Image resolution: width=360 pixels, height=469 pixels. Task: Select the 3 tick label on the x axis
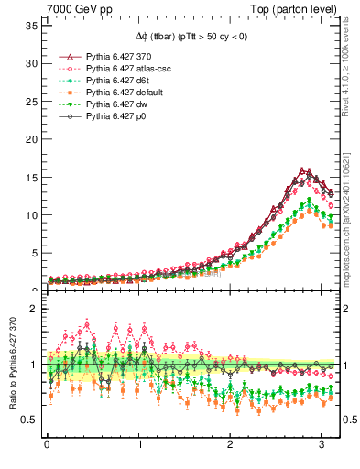coord(322,446)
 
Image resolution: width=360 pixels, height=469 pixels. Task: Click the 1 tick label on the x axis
coord(138,446)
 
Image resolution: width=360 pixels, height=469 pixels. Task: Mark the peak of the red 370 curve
coord(303,170)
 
